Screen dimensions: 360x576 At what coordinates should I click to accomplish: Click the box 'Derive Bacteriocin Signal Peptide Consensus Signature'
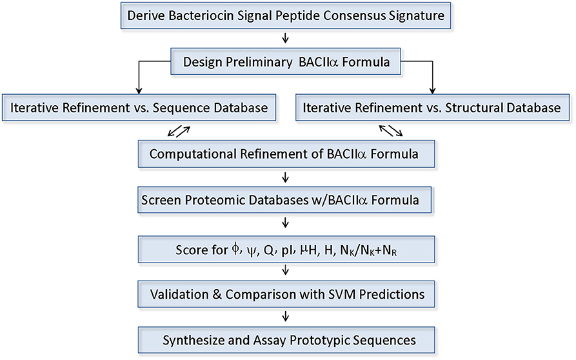tap(286, 15)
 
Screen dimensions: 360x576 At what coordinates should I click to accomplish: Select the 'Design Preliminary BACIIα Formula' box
tap(286, 62)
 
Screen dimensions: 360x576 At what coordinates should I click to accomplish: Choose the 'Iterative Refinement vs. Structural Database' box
tap(428, 108)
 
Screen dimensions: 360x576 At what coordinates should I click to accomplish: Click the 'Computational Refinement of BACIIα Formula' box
tap(286, 154)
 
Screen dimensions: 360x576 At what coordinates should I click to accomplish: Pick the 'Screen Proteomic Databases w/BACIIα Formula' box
tap(286, 201)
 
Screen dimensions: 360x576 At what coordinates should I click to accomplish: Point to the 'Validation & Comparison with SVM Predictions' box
tap(286, 294)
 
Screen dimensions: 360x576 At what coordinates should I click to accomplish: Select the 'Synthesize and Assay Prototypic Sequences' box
tap(286, 340)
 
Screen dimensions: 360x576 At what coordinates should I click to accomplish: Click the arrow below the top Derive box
tap(286, 38)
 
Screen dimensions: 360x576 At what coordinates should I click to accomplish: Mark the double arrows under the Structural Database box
tap(391, 132)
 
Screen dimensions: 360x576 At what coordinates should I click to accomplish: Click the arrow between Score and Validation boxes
tap(286, 271)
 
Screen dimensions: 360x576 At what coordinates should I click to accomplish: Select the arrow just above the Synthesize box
tap(286, 317)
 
